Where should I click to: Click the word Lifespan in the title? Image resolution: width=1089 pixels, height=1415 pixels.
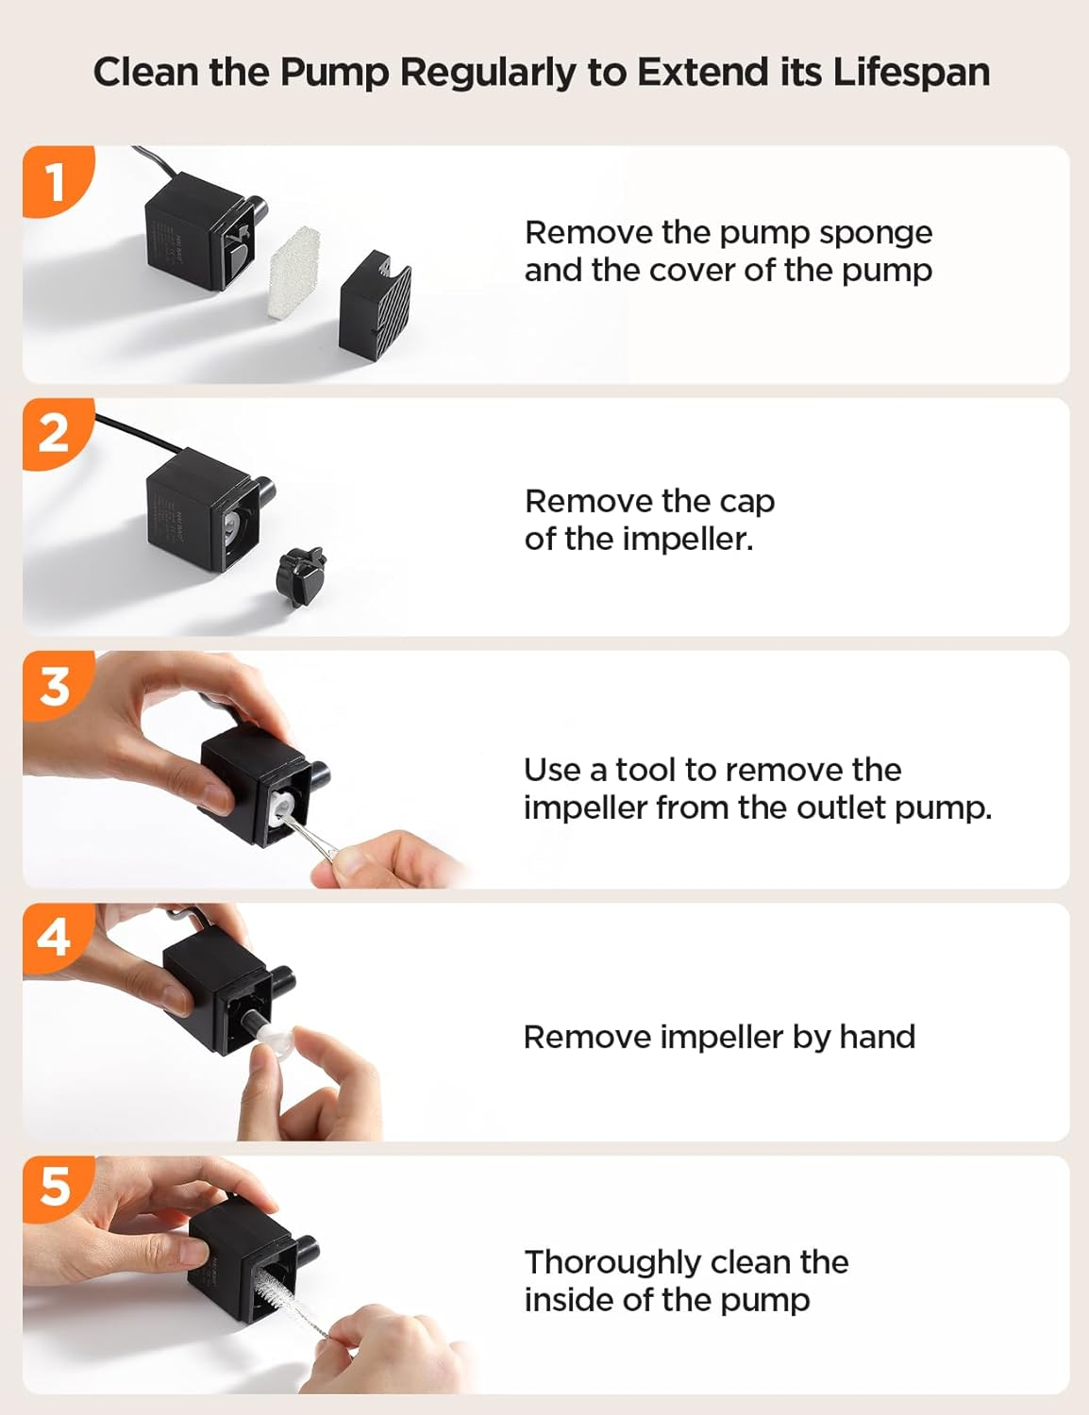pos(911,73)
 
